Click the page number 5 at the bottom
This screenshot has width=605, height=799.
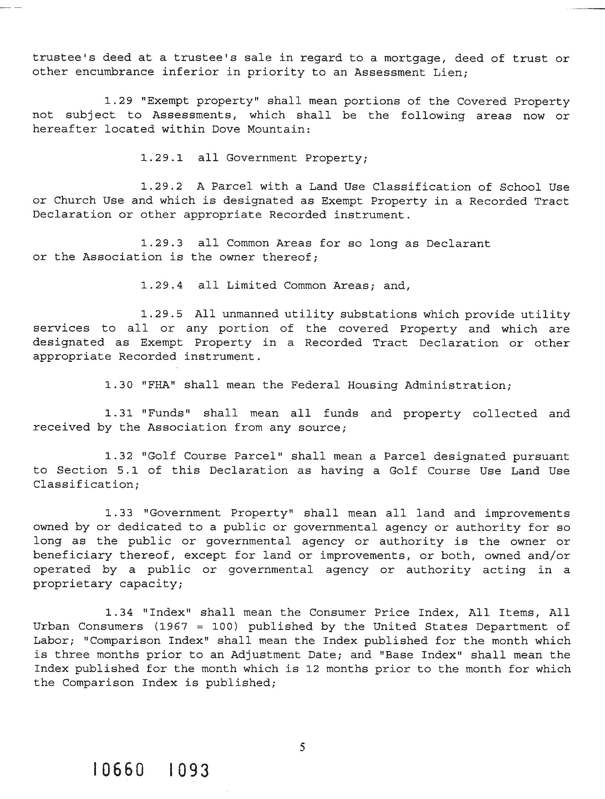[302, 747]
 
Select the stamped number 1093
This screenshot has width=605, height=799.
[189, 770]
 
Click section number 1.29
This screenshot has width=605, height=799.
[118, 101]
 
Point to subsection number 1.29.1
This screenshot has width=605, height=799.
[162, 158]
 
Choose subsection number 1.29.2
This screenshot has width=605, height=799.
[162, 186]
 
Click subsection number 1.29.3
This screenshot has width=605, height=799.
[162, 243]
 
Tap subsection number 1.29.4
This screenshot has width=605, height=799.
[162, 285]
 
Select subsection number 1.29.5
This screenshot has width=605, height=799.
[162, 314]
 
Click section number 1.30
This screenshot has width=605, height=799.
[118, 385]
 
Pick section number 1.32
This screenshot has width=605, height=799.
[118, 456]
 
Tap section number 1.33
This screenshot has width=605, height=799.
[118, 513]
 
